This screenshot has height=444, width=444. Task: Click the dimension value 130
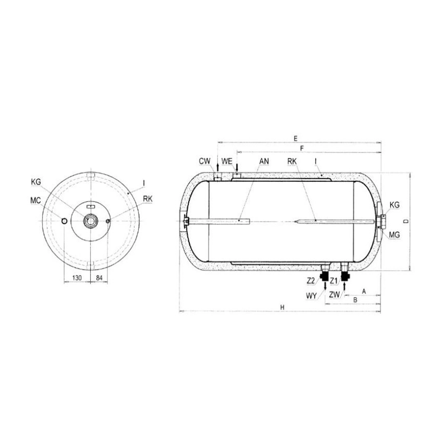tap(77, 278)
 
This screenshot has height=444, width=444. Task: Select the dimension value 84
tap(99, 278)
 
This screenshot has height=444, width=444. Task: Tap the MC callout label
tap(36, 200)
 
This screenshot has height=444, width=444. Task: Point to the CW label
tap(205, 161)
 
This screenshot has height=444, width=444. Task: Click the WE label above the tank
tap(227, 161)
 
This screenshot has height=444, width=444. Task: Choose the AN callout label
tap(264, 161)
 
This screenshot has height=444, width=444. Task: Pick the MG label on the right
tap(394, 235)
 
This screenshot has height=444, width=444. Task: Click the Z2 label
tap(311, 281)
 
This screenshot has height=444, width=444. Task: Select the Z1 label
tap(334, 281)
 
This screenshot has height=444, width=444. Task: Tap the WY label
tap(311, 295)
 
